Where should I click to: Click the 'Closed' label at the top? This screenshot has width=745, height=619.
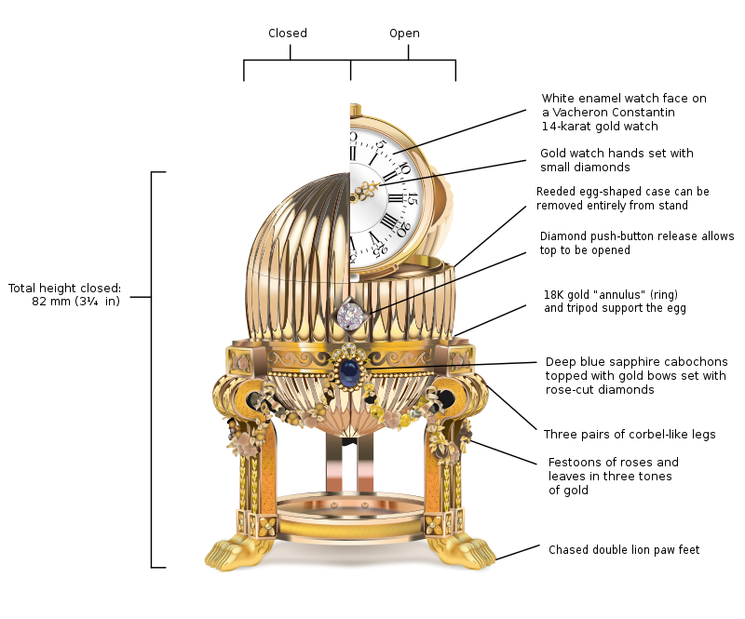(287, 34)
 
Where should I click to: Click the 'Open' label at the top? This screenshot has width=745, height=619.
(404, 34)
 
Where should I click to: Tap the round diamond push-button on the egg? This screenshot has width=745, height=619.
(351, 313)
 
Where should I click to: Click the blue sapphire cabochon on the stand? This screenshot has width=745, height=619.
(349, 373)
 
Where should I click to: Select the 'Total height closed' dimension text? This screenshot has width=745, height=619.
(64, 294)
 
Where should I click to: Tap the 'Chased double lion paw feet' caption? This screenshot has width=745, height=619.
(623, 550)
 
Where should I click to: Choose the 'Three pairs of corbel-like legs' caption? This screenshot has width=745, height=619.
(630, 435)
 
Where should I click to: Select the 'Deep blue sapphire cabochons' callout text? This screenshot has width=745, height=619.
(636, 361)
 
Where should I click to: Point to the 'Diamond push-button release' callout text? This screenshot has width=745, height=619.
(636, 236)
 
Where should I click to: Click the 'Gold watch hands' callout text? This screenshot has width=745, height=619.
(616, 154)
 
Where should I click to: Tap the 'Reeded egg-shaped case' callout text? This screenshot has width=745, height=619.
(622, 192)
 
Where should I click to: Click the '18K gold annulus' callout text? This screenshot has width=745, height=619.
(601, 294)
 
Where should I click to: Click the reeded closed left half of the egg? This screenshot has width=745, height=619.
(289, 251)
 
